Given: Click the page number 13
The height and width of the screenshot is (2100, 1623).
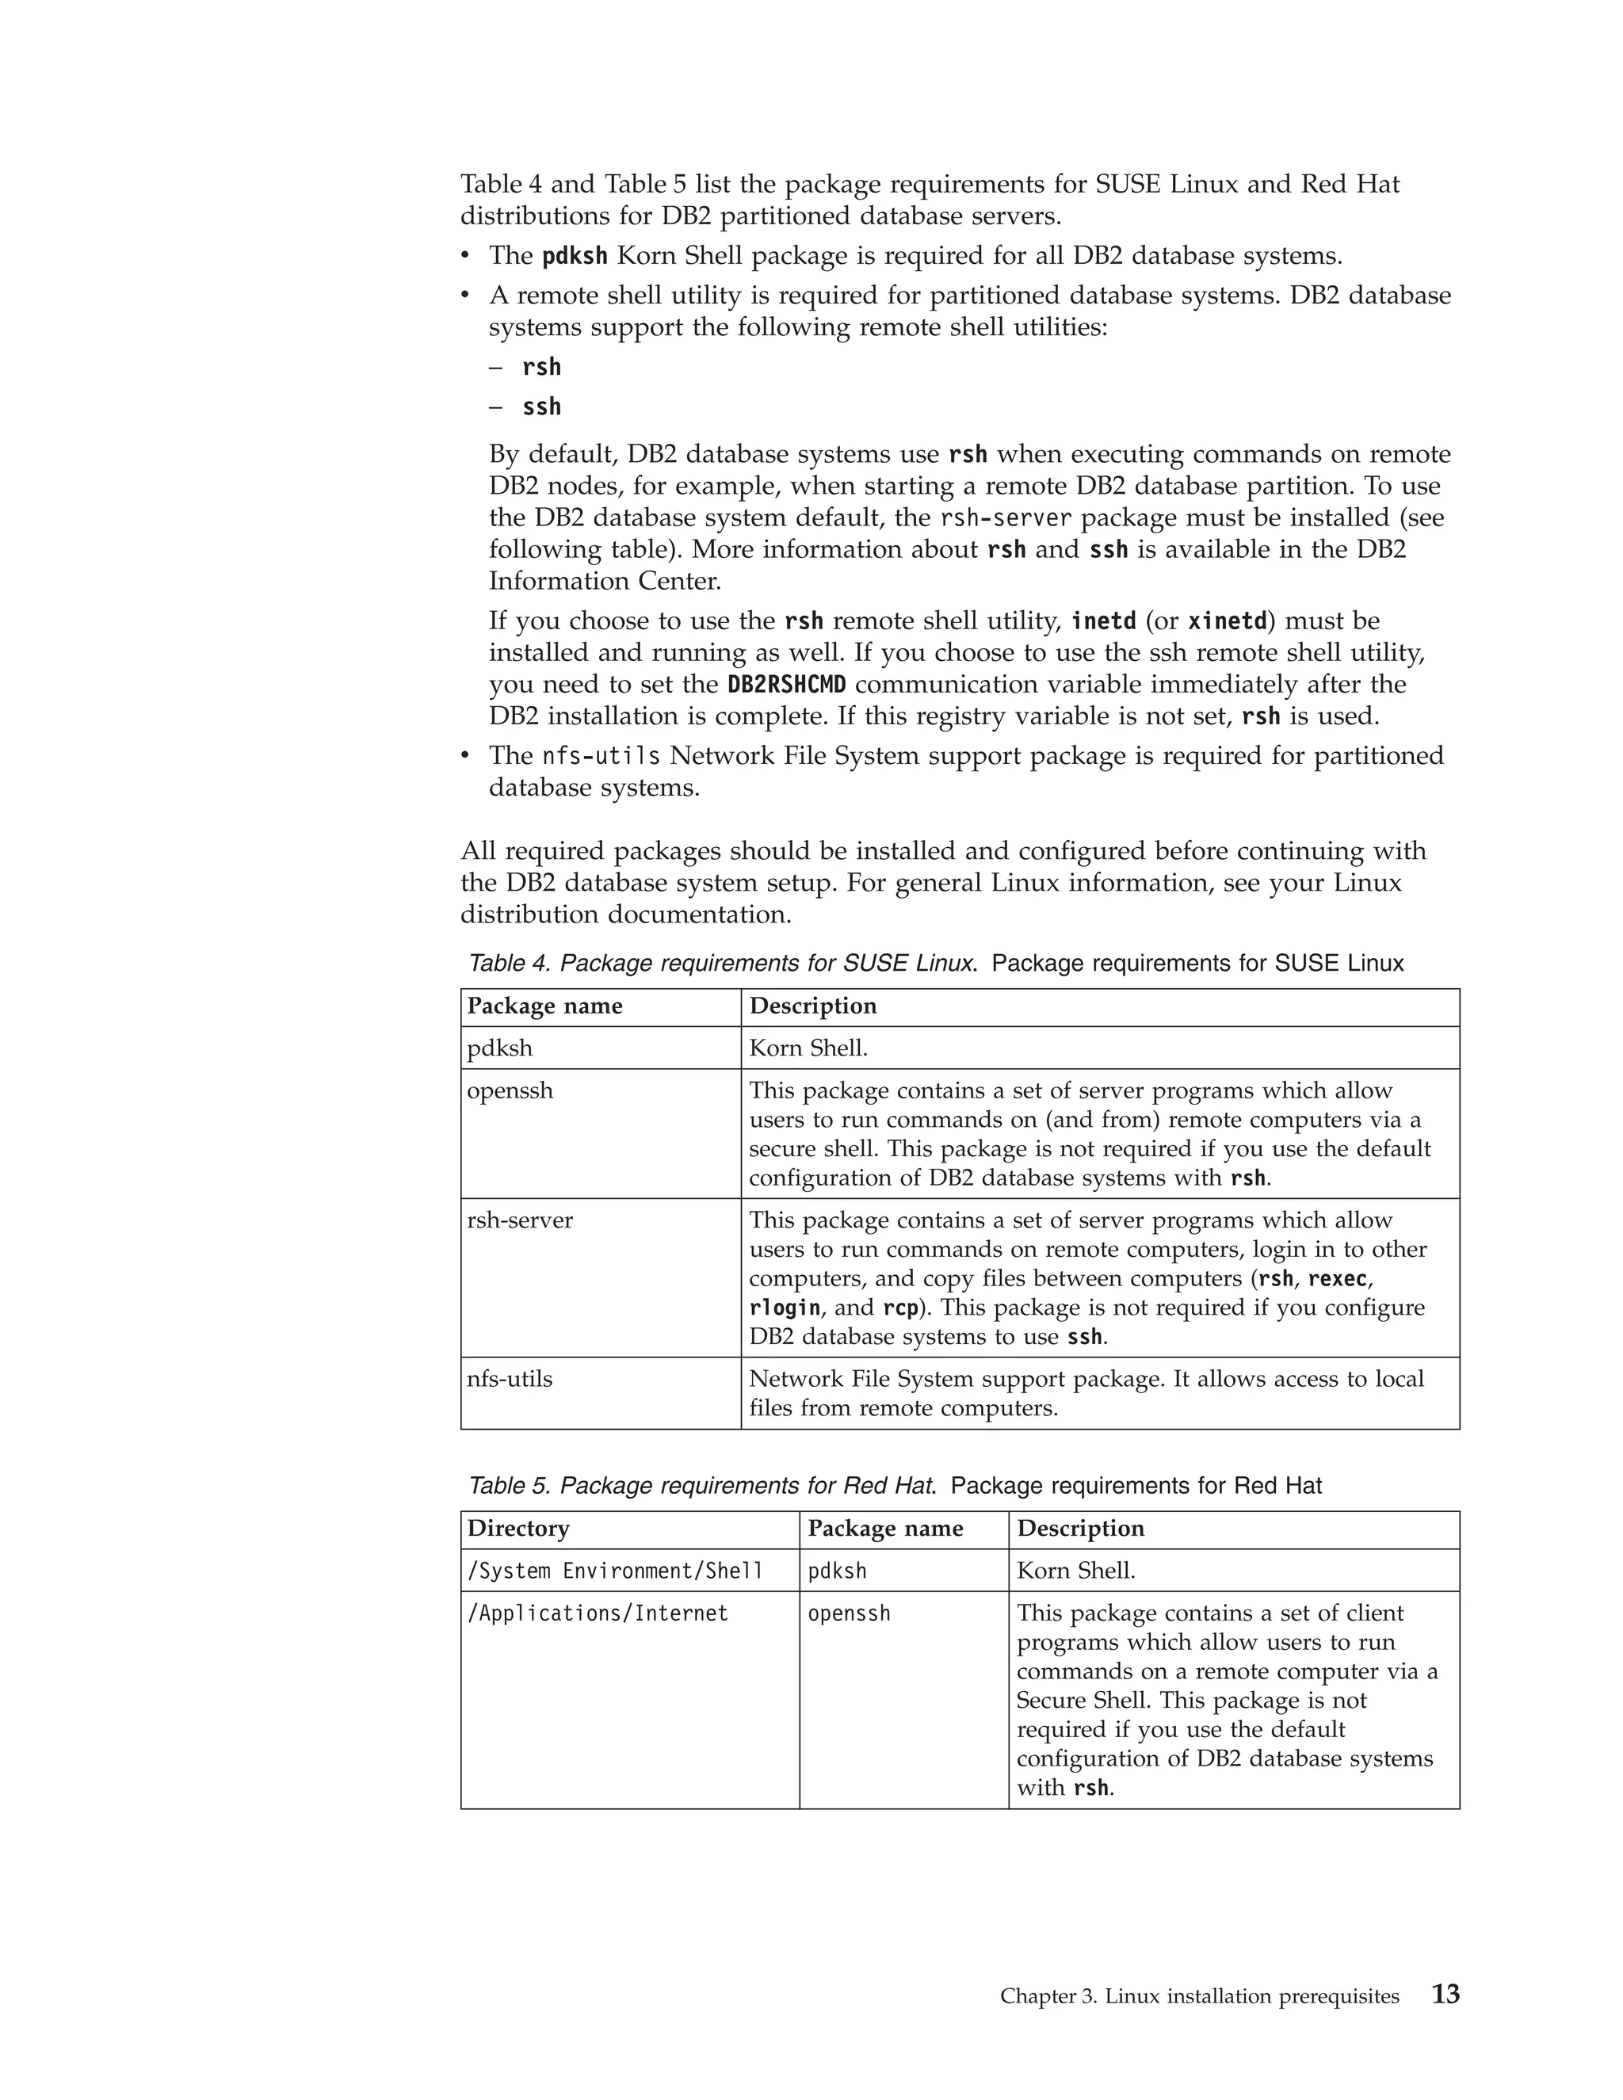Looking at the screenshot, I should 1445,1995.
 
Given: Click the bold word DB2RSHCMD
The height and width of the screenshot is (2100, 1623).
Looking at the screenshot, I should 786,685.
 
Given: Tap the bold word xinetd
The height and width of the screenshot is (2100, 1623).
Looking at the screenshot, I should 1227,621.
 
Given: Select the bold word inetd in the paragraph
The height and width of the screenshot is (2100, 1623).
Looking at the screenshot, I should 1103,621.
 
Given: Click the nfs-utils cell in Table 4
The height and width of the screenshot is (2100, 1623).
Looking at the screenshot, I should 510,1379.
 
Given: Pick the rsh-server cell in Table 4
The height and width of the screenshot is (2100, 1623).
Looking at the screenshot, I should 519,1220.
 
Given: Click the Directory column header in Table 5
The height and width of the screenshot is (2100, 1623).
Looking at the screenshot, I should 518,1529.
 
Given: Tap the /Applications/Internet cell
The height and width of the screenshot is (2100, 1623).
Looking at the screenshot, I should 597,1613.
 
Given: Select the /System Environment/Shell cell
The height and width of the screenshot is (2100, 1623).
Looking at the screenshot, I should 614,1571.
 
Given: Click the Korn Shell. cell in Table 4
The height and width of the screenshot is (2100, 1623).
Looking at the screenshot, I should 808,1048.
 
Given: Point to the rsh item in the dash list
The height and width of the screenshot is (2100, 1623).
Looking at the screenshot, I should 541,368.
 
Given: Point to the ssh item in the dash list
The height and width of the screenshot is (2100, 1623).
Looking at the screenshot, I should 541,407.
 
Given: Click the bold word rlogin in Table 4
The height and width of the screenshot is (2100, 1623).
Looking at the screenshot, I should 785,1308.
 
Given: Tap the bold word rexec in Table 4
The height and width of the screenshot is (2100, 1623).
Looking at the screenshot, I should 1338,1279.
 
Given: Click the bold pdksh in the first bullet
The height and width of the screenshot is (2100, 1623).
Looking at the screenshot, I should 574,257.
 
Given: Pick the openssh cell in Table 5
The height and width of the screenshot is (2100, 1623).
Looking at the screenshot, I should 848,1613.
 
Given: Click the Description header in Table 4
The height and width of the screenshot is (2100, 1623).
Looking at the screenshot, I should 812,1006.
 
